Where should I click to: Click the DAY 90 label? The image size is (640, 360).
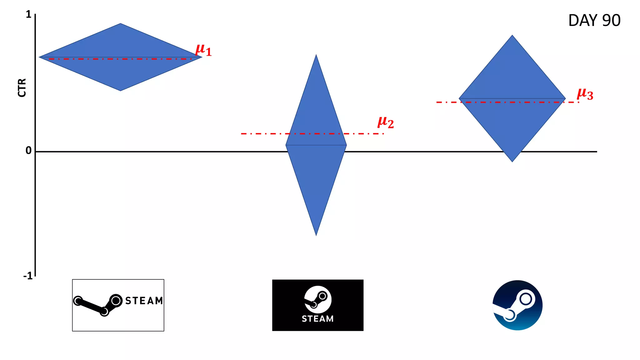[x=594, y=21]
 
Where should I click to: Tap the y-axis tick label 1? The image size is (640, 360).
[x=28, y=14]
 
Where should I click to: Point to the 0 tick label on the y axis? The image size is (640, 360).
[x=28, y=151]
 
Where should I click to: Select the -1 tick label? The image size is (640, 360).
[x=28, y=276]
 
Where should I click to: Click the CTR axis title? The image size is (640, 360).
[x=22, y=88]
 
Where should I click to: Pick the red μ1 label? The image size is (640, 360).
[x=203, y=50]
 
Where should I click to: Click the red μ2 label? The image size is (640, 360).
[x=386, y=122]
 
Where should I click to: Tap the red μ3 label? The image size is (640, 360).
[x=585, y=94]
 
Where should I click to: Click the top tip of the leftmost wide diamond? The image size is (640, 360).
[x=121, y=24]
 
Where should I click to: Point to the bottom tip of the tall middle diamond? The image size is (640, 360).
[x=316, y=235]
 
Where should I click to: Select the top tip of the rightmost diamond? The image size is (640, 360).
[x=512, y=36]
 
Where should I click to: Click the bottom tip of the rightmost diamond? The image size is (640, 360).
[x=512, y=161]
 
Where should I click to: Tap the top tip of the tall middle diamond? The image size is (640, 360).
[x=316, y=55]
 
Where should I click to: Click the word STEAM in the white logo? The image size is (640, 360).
[x=144, y=301]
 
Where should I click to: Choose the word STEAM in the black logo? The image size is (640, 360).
[x=317, y=319]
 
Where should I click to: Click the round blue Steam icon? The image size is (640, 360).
[x=517, y=305]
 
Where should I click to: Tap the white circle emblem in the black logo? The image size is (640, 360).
[x=318, y=299]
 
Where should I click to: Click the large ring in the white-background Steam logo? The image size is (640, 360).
[x=116, y=301]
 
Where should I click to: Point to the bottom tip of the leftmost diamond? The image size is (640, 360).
[x=121, y=91]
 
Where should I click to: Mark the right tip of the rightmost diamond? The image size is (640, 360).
[x=565, y=99]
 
